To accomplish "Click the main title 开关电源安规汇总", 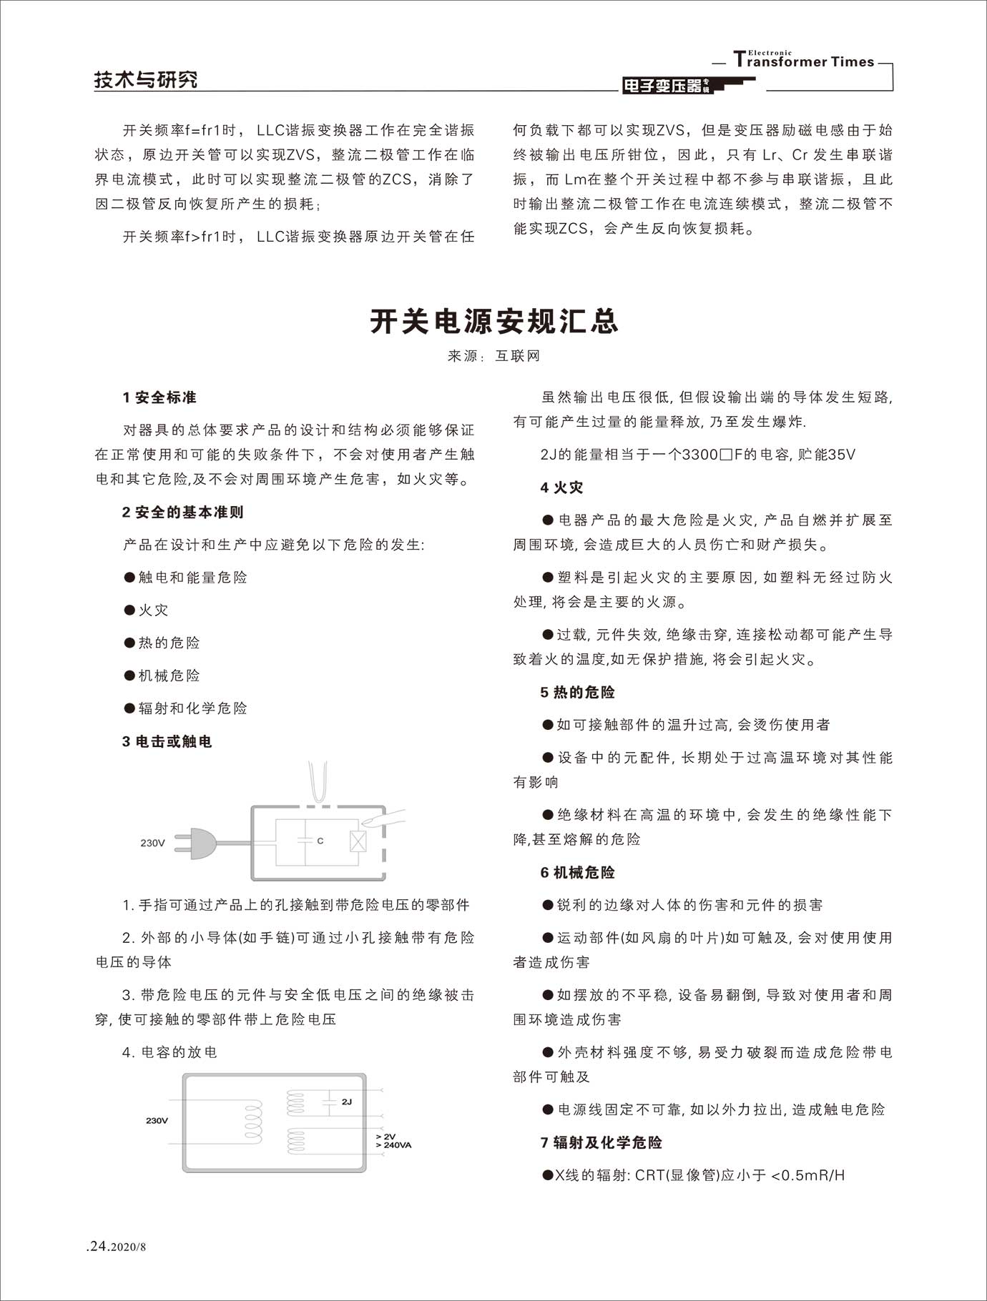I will click(493, 322).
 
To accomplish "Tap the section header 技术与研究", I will click(146, 79).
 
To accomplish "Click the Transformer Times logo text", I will click(804, 61).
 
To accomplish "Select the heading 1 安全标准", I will click(159, 397).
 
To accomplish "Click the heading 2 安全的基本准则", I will click(182, 512).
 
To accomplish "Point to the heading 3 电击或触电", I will click(167, 741).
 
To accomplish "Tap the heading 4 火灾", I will click(561, 488).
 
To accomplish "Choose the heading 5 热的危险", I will click(577, 692).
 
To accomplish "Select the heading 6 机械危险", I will click(577, 872).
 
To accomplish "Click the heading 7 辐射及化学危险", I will click(601, 1142).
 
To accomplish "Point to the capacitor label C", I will click(320, 841).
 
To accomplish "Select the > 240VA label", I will click(393, 1145).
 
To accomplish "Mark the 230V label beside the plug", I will click(152, 843).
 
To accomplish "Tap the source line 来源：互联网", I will click(493, 356).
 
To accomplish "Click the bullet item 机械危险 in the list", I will click(169, 676).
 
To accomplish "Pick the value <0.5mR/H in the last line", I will click(808, 1175).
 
